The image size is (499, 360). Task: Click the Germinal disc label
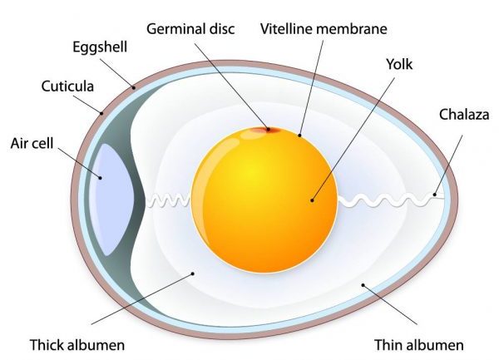[190, 29]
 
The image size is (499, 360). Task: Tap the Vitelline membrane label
[324, 29]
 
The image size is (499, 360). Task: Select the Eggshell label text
[100, 47]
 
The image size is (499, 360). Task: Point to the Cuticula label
[67, 86]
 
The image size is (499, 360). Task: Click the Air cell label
[32, 143]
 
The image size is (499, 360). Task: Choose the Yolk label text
[399, 64]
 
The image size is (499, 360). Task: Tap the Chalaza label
[464, 115]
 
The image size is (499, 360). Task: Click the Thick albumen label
[77, 345]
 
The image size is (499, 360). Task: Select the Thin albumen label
[419, 345]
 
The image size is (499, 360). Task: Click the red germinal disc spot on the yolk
[265, 130]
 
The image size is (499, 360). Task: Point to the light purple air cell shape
[111, 200]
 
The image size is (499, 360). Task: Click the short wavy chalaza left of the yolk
[168, 200]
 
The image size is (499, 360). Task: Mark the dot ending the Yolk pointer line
[312, 200]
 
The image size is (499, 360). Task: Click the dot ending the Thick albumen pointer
[193, 274]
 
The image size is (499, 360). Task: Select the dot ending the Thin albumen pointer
[363, 285]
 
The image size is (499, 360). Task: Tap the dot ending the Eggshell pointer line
[134, 87]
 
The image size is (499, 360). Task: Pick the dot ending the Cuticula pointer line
[101, 113]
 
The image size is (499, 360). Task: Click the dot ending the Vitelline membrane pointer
[299, 136]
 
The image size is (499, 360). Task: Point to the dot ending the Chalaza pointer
[434, 195]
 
